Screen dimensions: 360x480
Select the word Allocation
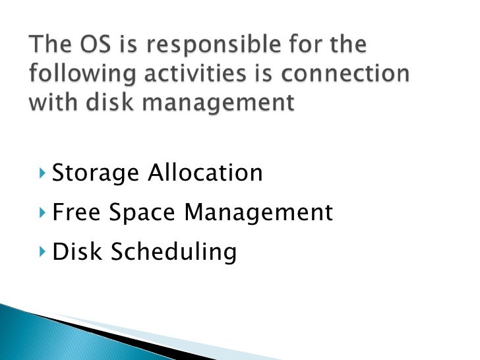point(205,173)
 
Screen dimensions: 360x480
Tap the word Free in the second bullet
point(75,212)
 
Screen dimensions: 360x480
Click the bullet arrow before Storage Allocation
point(44,174)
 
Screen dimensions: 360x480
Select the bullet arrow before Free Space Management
point(44,213)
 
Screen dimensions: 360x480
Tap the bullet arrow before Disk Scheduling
point(44,252)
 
